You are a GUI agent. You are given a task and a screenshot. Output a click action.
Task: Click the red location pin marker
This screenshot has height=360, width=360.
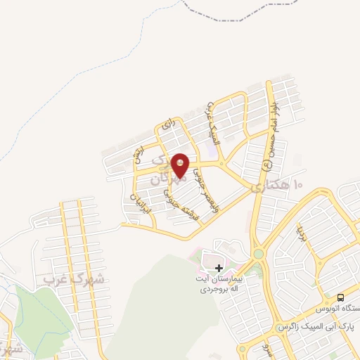(181, 165)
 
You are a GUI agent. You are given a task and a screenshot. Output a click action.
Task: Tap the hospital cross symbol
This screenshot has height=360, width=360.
(219, 268)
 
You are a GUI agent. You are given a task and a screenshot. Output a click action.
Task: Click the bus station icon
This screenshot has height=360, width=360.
(340, 298)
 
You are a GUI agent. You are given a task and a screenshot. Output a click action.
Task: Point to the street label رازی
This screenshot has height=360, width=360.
(167, 124)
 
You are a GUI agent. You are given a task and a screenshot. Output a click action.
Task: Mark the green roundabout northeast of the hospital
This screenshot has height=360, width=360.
(258, 254)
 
